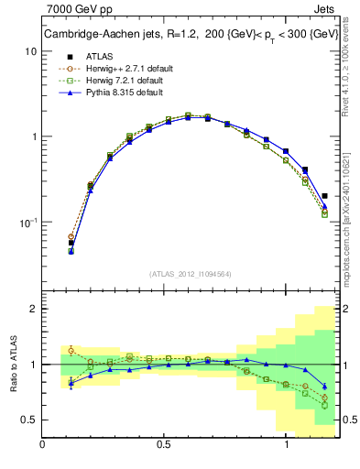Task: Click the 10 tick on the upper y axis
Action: (x=30, y=51)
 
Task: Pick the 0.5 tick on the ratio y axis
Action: (x=28, y=420)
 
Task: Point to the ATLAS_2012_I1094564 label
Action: (x=191, y=274)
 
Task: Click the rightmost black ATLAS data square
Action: (x=325, y=195)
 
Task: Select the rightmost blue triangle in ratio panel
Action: (x=325, y=386)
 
